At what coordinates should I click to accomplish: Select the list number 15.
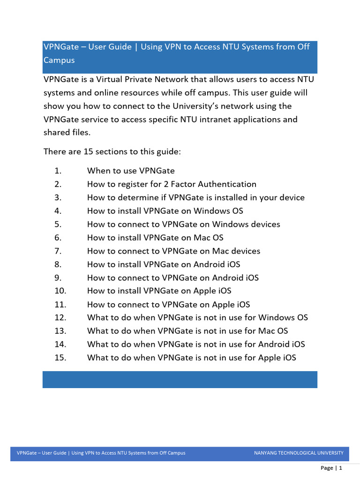tap(60, 358)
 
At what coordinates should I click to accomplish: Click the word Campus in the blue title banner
tap(59, 60)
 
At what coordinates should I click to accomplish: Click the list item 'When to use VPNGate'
tap(131, 171)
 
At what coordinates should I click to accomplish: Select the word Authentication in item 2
tap(228, 184)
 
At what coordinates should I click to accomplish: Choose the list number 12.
tap(60, 318)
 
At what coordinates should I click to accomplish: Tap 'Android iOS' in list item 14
tap(281, 345)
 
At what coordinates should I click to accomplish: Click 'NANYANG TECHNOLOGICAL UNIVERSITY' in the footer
tap(299, 453)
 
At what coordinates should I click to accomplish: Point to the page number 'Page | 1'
tap(331, 468)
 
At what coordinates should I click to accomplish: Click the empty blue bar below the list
tap(180, 380)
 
